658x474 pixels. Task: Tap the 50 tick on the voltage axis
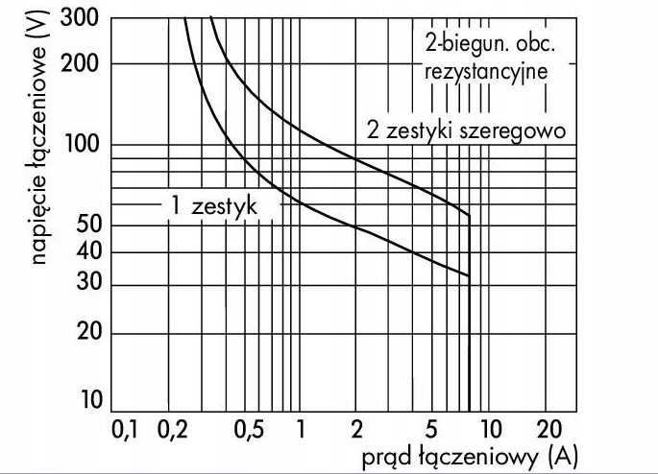click(87, 225)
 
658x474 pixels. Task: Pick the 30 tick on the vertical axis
click(87, 285)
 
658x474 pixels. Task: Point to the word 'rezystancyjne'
click(485, 70)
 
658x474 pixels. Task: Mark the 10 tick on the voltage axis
click(89, 400)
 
